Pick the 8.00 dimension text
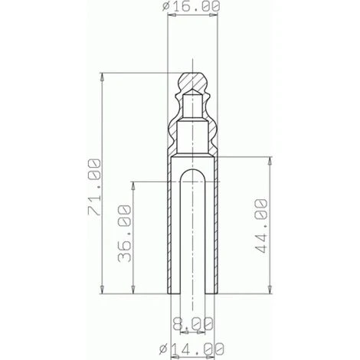click(x=191, y=324)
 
